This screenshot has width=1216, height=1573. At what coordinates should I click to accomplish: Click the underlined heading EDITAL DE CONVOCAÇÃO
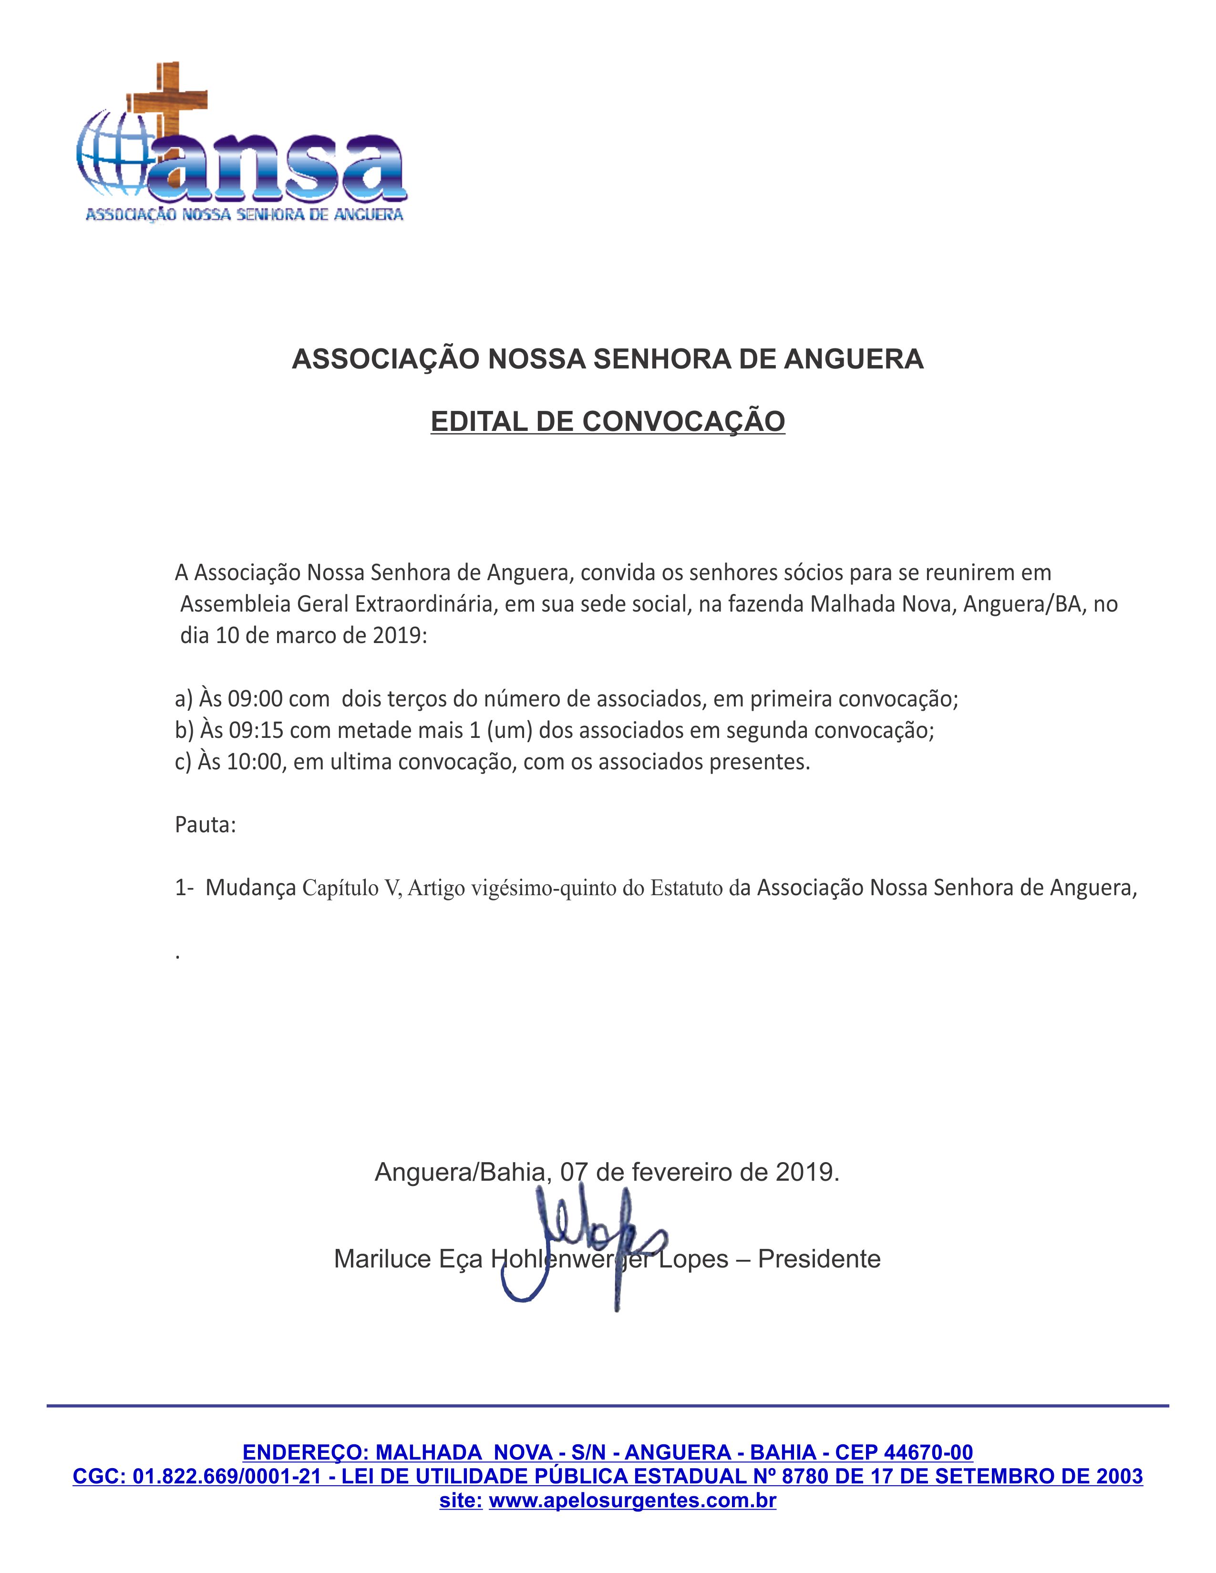(607, 421)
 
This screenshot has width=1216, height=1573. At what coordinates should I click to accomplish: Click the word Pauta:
(206, 825)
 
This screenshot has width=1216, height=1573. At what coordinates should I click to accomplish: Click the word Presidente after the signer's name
(819, 1259)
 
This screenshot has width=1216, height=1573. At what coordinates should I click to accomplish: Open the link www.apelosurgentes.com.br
(632, 1501)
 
